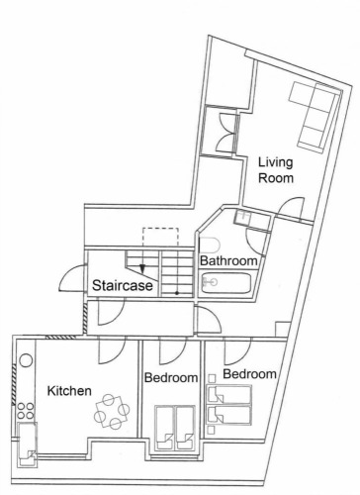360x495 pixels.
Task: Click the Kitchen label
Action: point(69,391)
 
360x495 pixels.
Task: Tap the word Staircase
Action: point(123,285)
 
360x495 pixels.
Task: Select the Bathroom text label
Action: point(228,260)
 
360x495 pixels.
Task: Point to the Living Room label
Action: point(276,170)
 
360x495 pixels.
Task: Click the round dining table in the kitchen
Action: point(112,412)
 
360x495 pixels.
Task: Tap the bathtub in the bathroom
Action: point(226,282)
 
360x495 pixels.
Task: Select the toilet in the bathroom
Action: point(210,245)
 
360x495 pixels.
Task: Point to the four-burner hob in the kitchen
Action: point(26,410)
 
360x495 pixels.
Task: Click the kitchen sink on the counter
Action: point(27,445)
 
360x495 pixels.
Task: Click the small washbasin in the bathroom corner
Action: point(242,218)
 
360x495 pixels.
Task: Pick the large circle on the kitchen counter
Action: point(26,360)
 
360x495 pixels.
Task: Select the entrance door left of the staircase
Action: point(72,278)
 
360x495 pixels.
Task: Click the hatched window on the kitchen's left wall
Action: point(14,385)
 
